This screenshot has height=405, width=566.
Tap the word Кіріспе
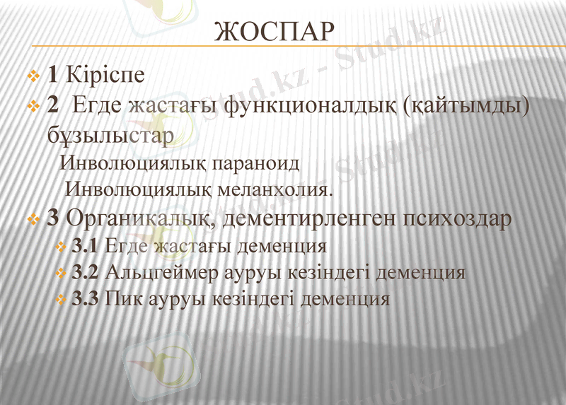(104, 74)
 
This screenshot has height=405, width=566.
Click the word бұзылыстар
(107, 134)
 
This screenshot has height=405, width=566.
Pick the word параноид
(256, 163)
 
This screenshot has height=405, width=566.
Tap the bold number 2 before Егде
(52, 106)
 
